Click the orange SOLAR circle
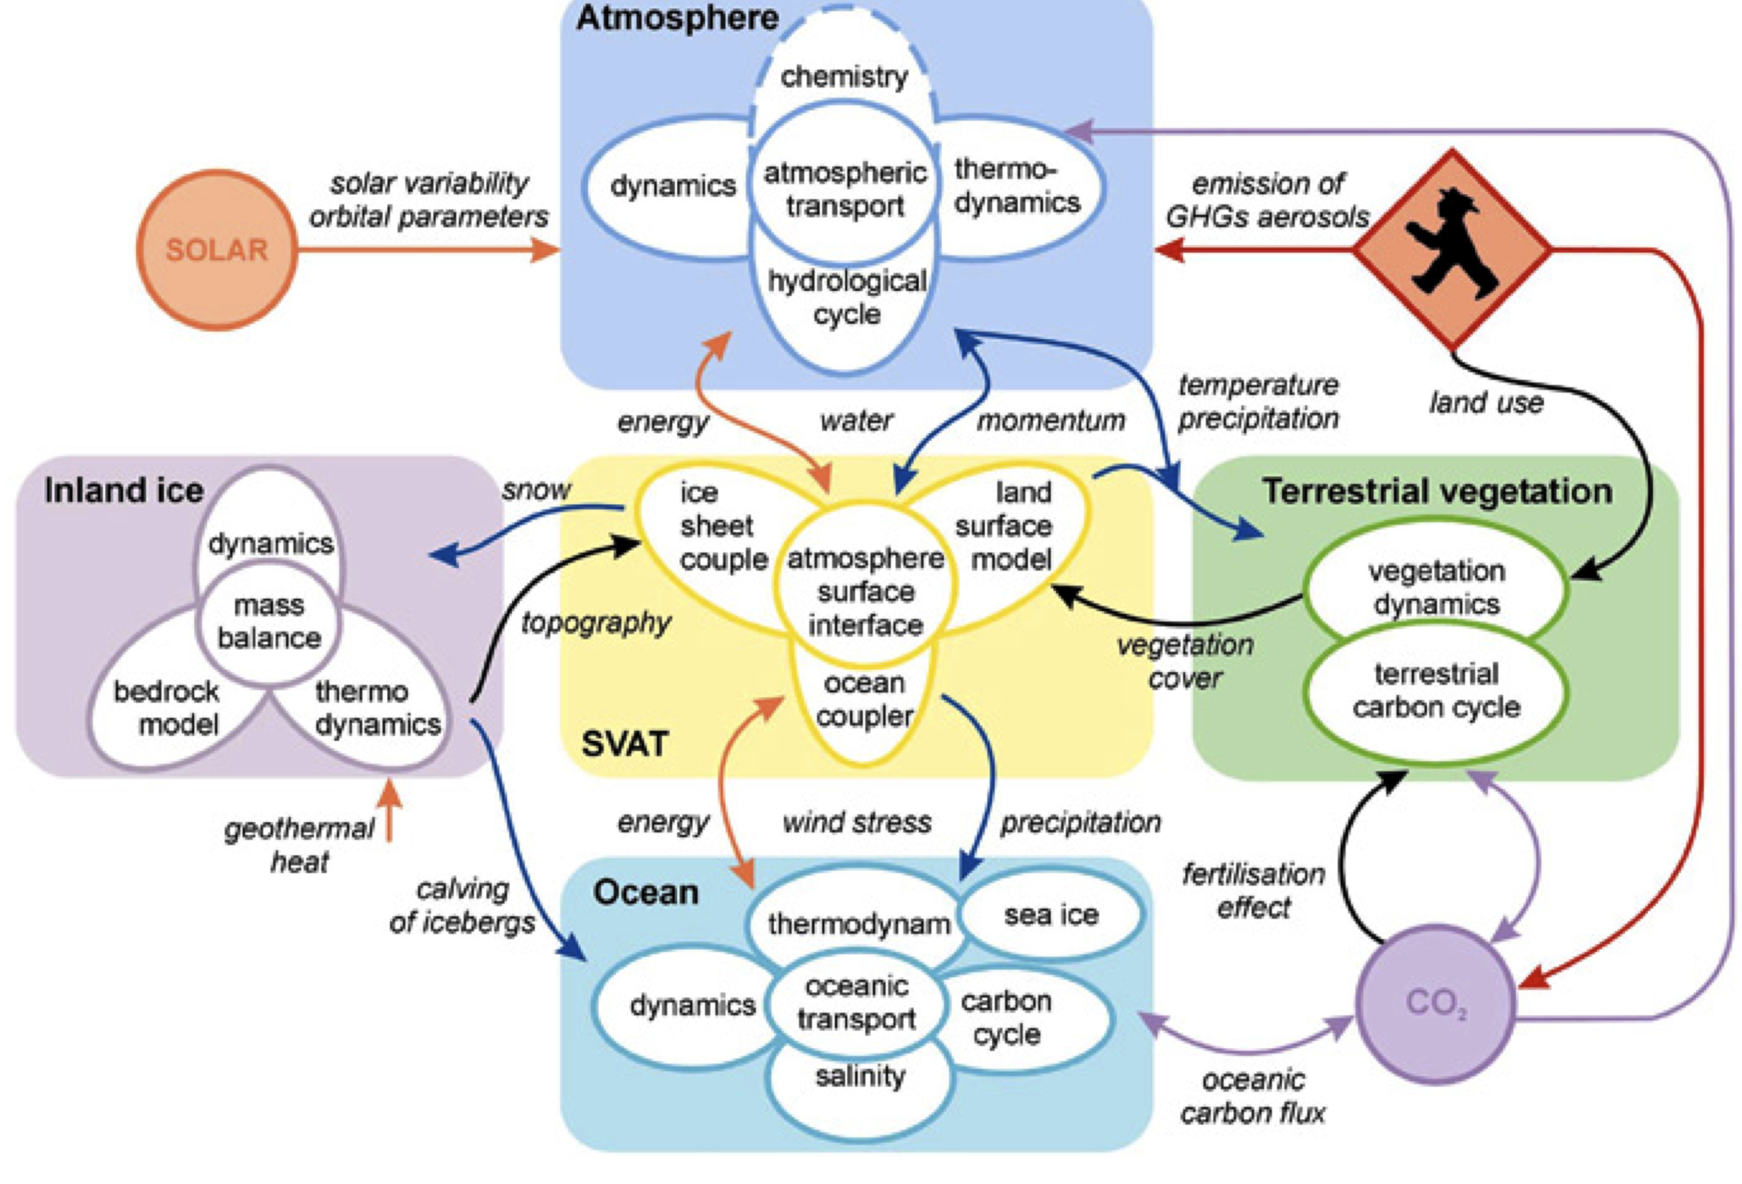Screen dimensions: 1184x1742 click(x=217, y=250)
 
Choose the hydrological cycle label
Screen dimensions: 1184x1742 click(x=847, y=297)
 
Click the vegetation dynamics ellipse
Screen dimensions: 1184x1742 click(x=1436, y=587)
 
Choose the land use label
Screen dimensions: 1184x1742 click(x=1486, y=403)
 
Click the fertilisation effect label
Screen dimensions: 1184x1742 click(x=1253, y=891)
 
